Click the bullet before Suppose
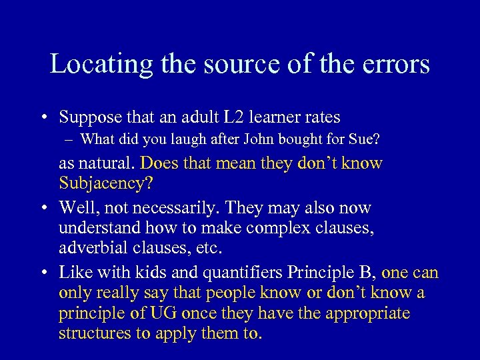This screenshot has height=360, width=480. coord(42,118)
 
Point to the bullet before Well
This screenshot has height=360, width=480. coord(42,209)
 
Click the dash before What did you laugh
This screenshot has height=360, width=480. coord(69,139)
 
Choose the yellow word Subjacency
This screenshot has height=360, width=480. coord(98,183)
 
